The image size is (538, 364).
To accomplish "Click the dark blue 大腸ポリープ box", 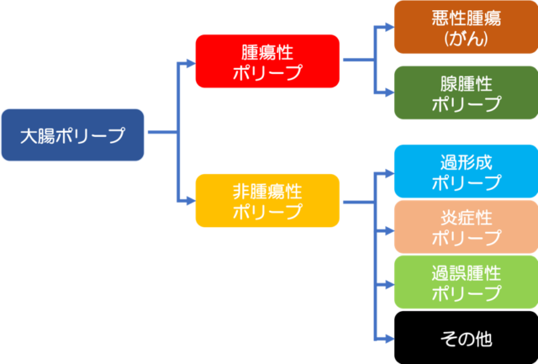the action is pyautogui.click(x=73, y=135).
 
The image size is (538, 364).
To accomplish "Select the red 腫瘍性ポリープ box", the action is pyautogui.click(x=267, y=61).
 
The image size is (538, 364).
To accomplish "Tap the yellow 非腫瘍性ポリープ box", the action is pyautogui.click(x=267, y=200).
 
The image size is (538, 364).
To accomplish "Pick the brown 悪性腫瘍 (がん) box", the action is pyautogui.click(x=466, y=27).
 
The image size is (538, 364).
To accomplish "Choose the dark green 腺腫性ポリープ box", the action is pyautogui.click(x=466, y=92).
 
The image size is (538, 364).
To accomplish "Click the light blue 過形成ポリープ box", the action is pyautogui.click(x=466, y=171).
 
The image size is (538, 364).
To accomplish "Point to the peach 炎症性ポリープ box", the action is pyautogui.click(x=466, y=227).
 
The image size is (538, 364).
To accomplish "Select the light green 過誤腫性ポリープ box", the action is pyautogui.click(x=466, y=282).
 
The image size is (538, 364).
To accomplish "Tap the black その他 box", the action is pyautogui.click(x=466, y=338).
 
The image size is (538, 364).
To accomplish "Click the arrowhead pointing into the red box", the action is pyautogui.click(x=191, y=63).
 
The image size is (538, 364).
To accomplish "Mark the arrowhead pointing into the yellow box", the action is pyautogui.click(x=191, y=202).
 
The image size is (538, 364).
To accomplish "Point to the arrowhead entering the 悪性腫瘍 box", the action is pyautogui.click(x=390, y=27).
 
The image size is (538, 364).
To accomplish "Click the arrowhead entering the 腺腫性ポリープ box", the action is pyautogui.click(x=390, y=92).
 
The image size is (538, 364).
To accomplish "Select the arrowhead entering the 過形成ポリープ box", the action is pyautogui.click(x=390, y=174).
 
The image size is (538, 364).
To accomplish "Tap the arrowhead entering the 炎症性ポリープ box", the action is pyautogui.click(x=390, y=231).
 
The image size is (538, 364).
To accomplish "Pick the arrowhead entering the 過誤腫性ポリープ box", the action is pyautogui.click(x=390, y=285).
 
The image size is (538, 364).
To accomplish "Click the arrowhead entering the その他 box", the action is pyautogui.click(x=390, y=340).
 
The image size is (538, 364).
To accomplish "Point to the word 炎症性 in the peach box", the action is pyautogui.click(x=466, y=219).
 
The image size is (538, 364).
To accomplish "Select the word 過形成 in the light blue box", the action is pyautogui.click(x=466, y=162).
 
